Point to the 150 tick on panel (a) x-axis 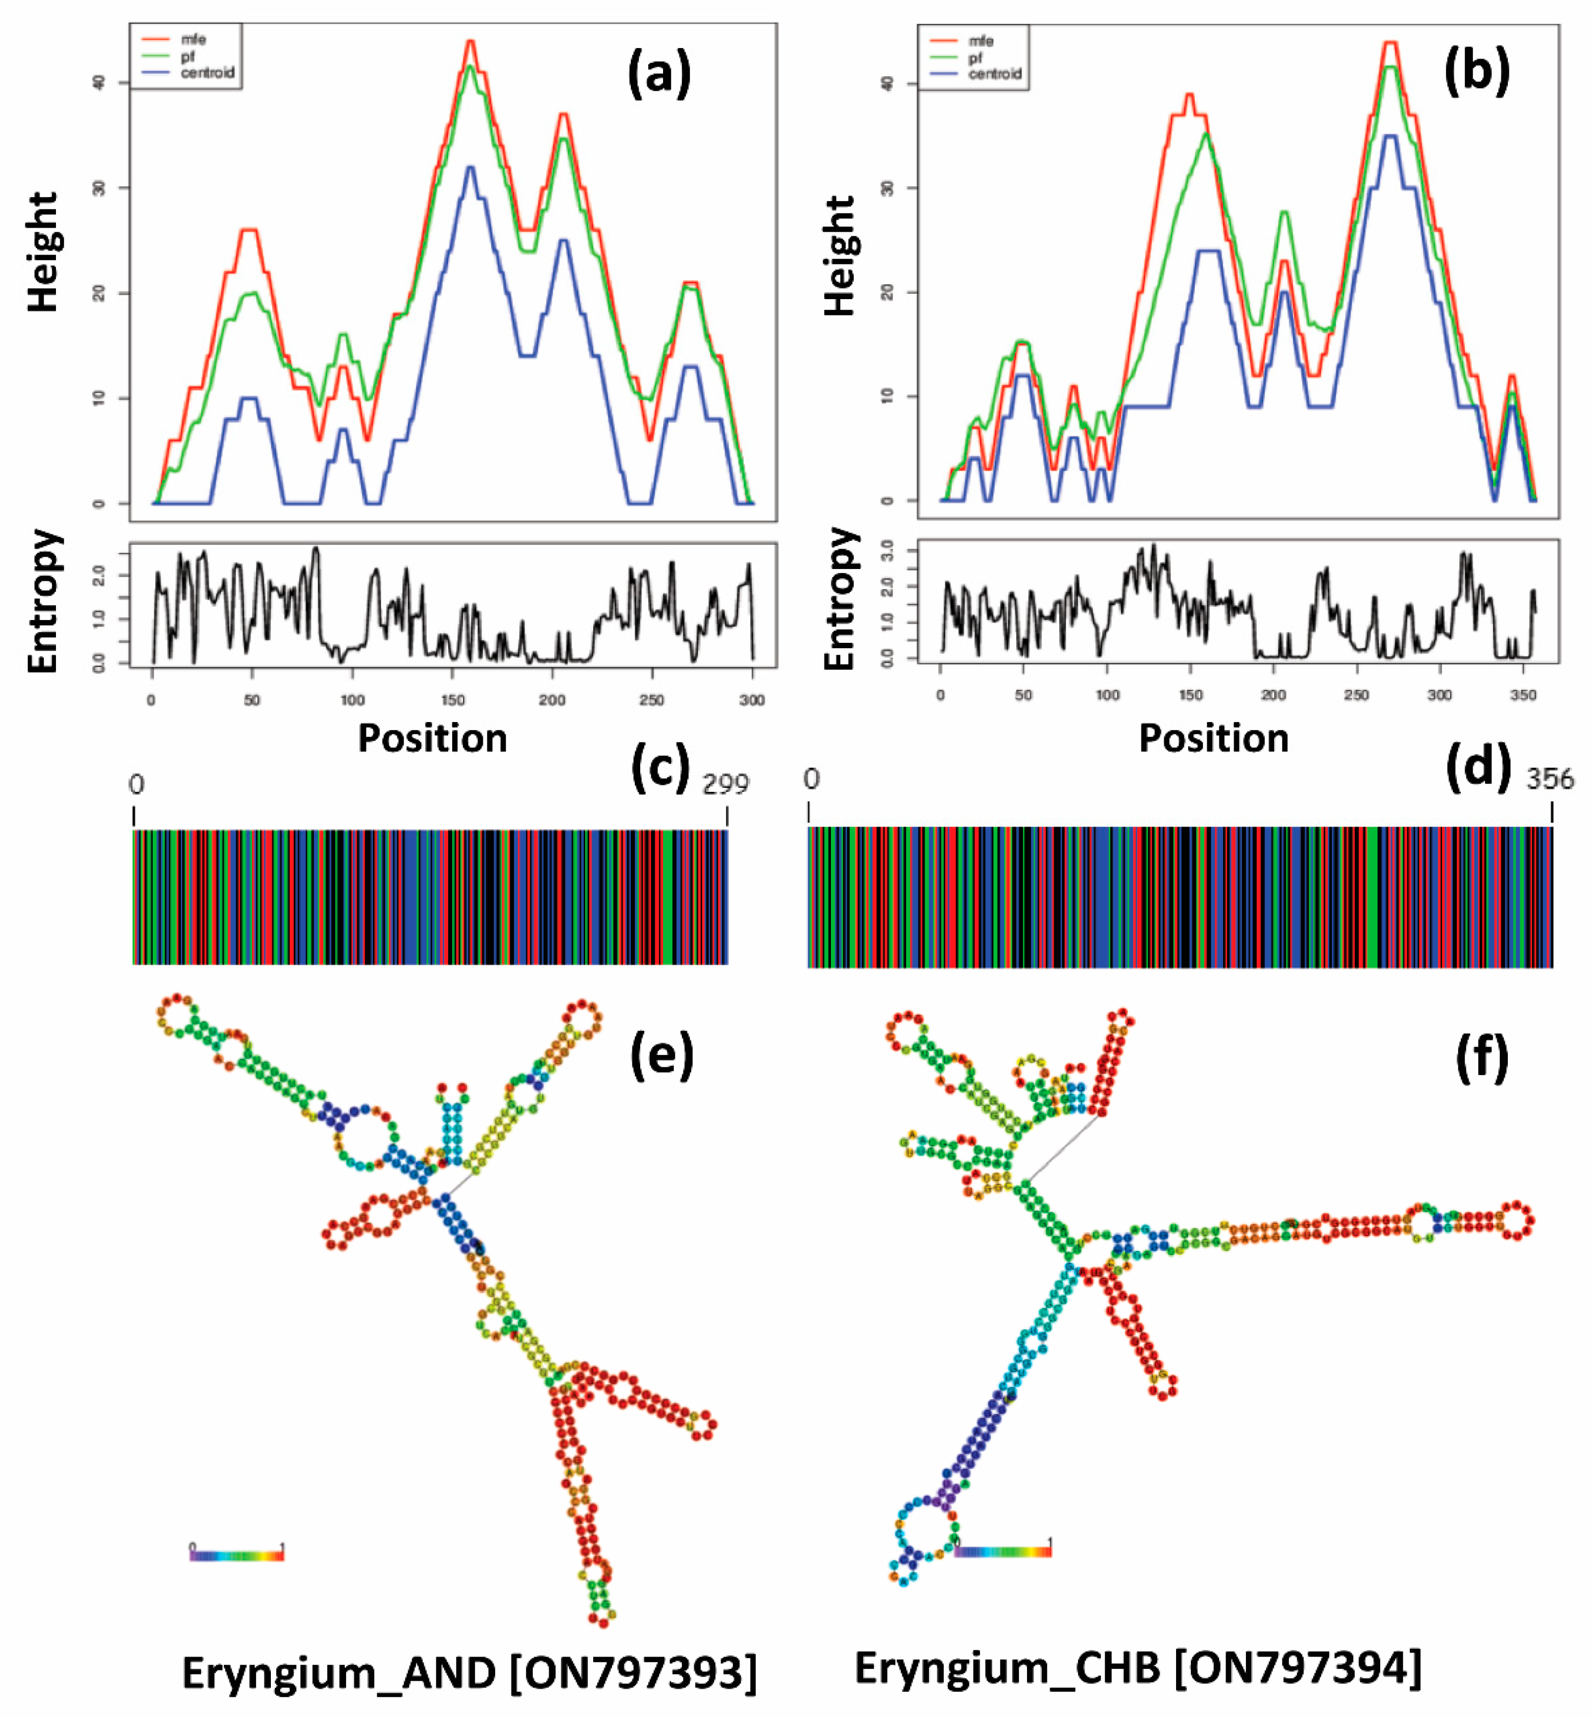coord(453,699)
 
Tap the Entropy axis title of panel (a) coord(43,601)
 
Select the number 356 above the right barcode coord(1549,779)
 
